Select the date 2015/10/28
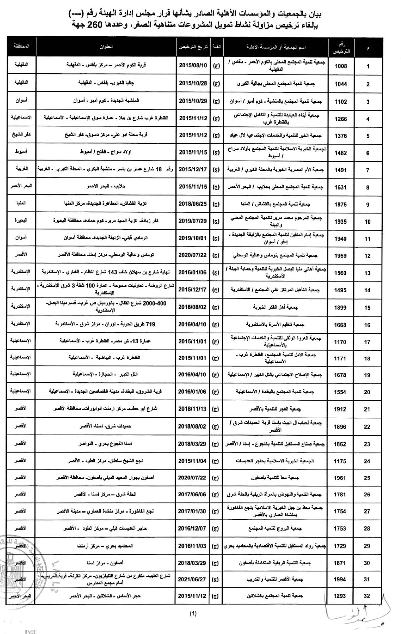tap(193, 84)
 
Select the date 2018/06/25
tap(193, 204)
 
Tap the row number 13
tap(368, 273)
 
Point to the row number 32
tap(368, 596)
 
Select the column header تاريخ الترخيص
tap(193, 47)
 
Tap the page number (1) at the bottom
tap(193, 614)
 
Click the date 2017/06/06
tap(193, 494)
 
